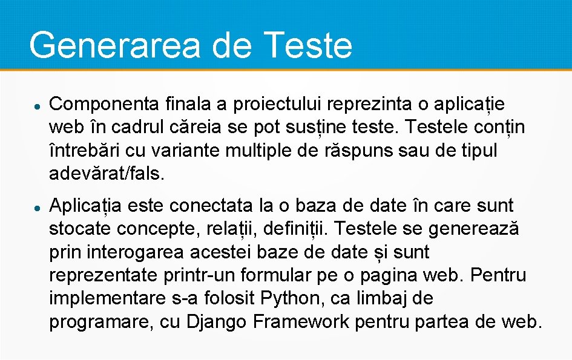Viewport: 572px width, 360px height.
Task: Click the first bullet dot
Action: coord(37,105)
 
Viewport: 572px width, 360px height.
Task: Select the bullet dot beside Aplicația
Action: coord(37,207)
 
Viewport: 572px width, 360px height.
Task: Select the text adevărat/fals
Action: coord(107,174)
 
